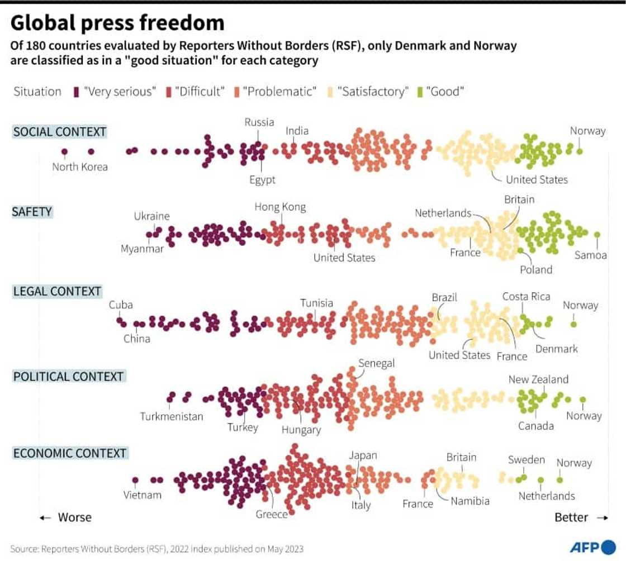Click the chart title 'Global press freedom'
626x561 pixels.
tap(117, 23)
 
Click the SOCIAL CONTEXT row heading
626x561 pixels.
tap(59, 132)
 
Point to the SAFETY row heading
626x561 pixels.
tap(32, 212)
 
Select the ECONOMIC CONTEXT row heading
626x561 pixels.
tap(70, 453)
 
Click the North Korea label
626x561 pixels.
tap(80, 167)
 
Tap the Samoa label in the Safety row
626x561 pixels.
tap(590, 255)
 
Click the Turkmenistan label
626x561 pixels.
tap(172, 416)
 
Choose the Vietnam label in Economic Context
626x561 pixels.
tap(143, 495)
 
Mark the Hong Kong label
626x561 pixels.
tap(280, 207)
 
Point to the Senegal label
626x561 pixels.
tap(376, 363)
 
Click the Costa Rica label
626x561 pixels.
tap(526, 296)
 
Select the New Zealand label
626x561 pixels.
tap(538, 379)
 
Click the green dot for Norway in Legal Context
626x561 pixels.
tap(573, 324)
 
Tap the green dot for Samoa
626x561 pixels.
tap(597, 235)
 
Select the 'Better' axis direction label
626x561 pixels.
tap(571, 517)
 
